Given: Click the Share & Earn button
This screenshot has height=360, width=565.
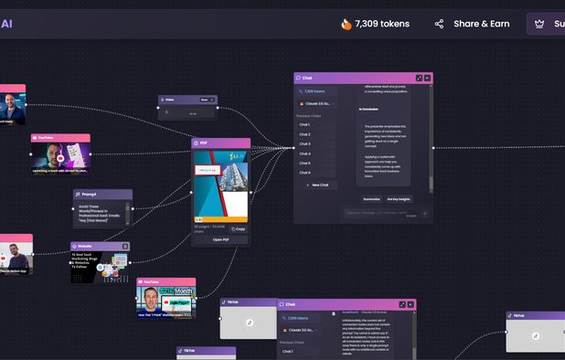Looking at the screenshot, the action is click(x=472, y=24).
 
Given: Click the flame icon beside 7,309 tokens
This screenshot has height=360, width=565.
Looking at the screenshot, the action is click(x=346, y=24).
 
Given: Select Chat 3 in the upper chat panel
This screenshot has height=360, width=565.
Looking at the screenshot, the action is click(x=304, y=143).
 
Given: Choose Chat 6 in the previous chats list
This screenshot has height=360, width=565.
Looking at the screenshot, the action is click(x=304, y=173).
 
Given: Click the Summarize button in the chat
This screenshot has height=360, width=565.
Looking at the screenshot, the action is click(x=371, y=198).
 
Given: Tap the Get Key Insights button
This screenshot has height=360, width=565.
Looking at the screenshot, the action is click(x=399, y=198).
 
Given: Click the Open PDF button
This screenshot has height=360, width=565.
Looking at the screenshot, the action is click(x=221, y=239).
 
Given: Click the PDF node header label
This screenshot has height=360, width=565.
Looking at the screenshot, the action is click(x=204, y=143).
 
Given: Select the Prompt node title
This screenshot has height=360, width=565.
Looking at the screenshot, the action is click(x=89, y=194).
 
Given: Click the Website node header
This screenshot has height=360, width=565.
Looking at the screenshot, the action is click(x=84, y=246).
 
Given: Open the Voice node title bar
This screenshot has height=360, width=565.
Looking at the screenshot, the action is click(x=170, y=100).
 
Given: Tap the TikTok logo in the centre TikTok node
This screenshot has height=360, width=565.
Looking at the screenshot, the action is click(x=249, y=322).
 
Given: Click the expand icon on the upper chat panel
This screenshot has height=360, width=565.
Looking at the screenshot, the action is click(x=419, y=78).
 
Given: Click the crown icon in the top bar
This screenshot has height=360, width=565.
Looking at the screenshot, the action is click(x=539, y=24).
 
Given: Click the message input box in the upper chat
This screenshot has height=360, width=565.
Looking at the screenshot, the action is click(x=375, y=214).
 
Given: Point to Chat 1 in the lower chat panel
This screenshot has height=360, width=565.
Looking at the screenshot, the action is click(x=287, y=351).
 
